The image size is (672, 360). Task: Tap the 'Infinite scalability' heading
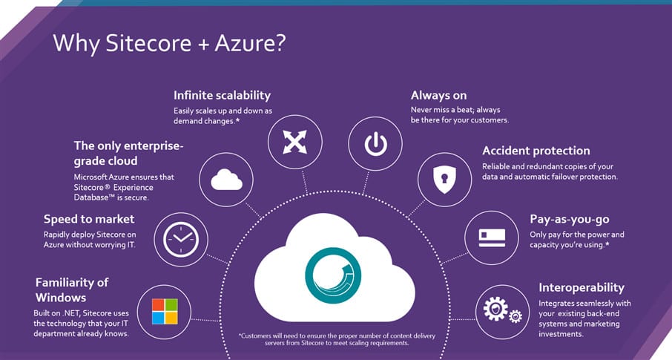tap(222, 95)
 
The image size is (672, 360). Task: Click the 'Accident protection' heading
tap(536, 151)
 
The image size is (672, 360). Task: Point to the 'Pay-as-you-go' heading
tap(570, 219)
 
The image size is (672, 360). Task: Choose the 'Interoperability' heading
tap(582, 287)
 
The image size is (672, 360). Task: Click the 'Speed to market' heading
tap(89, 219)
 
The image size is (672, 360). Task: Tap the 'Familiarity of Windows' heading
tap(72, 289)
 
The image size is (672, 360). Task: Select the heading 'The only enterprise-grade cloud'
tap(128, 153)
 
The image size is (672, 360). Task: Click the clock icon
tap(181, 239)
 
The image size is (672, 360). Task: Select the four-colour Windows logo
tap(165, 311)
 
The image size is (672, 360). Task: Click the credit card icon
tap(492, 238)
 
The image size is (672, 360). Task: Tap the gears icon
tap(502, 310)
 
